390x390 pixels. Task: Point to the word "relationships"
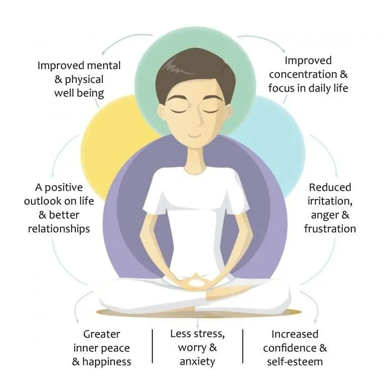(59, 228)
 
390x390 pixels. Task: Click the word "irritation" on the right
(328, 201)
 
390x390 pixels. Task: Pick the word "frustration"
(330, 228)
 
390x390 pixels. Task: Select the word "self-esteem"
(295, 362)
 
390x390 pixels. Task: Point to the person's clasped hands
(195, 280)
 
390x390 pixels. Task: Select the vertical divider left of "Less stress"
(153, 346)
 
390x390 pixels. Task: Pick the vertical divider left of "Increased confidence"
(243, 346)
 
